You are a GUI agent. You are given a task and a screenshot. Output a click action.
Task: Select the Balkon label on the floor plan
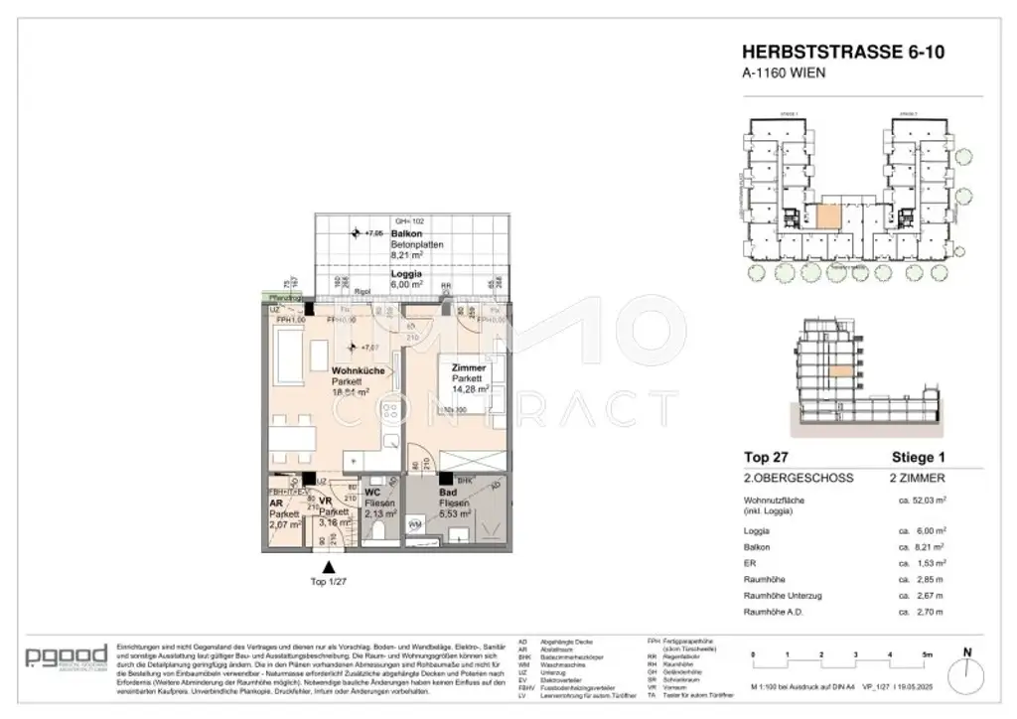(x=406, y=233)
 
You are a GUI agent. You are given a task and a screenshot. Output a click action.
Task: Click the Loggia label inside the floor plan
(x=406, y=273)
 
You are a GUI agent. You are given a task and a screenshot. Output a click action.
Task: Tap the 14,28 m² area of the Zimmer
(x=467, y=389)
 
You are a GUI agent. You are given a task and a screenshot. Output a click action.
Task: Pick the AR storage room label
(x=277, y=503)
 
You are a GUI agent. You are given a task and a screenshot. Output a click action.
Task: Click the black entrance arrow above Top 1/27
(x=329, y=566)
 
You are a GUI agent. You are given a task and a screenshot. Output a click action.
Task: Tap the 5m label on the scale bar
(x=926, y=655)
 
